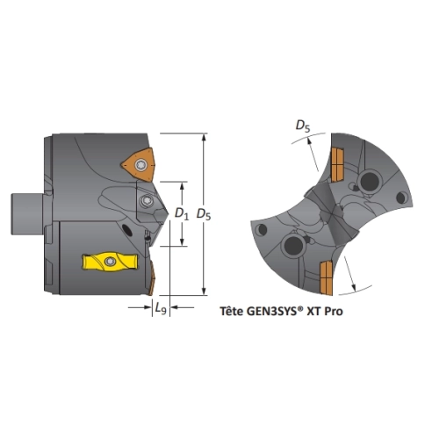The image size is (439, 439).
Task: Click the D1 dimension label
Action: tap(182, 214)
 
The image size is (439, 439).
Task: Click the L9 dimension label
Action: tap(161, 308)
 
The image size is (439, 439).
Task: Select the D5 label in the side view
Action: tap(204, 214)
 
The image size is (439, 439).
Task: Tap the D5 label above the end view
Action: tap(303, 126)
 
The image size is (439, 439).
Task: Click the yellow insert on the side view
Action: tap(110, 262)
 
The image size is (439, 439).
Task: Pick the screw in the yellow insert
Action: tap(110, 261)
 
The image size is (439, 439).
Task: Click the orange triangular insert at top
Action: tap(138, 165)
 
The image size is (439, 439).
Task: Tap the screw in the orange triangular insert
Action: tap(140, 166)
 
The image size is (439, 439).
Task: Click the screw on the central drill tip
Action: tap(146, 201)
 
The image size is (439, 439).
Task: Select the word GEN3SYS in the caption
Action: tap(272, 311)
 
